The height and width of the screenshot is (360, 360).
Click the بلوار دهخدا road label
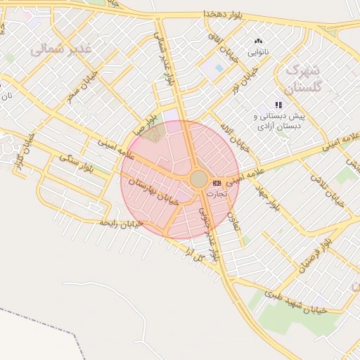(x=224, y=13)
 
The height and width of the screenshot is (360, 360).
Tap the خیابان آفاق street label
(x=219, y=44)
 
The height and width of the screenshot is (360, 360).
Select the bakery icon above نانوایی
(x=258, y=41)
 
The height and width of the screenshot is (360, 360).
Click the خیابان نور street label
(x=246, y=79)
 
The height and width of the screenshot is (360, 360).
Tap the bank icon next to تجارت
(x=216, y=183)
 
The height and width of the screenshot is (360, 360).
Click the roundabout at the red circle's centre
(x=199, y=179)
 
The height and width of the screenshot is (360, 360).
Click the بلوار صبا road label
(x=150, y=125)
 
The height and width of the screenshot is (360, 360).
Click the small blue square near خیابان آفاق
(x=218, y=67)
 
